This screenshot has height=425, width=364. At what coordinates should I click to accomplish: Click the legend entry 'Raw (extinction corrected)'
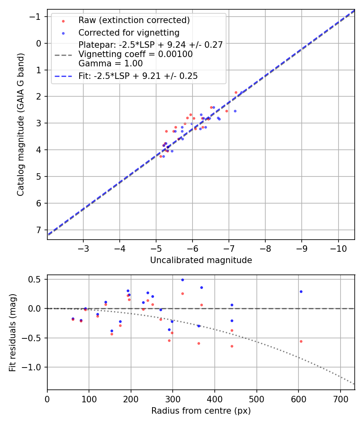pos(134,20)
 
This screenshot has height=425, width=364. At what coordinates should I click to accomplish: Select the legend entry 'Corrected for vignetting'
pos(129,32)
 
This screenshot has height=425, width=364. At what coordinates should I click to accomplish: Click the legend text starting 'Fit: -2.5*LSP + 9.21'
pos(138,76)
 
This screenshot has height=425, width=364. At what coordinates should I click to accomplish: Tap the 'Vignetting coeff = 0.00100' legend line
pos(135,54)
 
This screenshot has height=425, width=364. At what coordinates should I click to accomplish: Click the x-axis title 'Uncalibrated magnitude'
pos(201,260)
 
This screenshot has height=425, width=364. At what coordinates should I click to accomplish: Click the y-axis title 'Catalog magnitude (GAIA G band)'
pos(20,124)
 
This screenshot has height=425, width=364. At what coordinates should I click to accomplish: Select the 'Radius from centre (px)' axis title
pos(201,411)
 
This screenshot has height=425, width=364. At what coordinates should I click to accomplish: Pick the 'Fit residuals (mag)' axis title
pos(12,333)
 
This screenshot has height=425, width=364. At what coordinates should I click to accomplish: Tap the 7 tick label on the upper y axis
pos(39,230)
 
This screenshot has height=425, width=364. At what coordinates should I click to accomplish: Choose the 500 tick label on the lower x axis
pos(256,399)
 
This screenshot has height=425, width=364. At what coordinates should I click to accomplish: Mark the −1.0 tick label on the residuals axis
pos(32,367)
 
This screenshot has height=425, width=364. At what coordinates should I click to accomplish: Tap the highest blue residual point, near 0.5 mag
pos(182,280)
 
